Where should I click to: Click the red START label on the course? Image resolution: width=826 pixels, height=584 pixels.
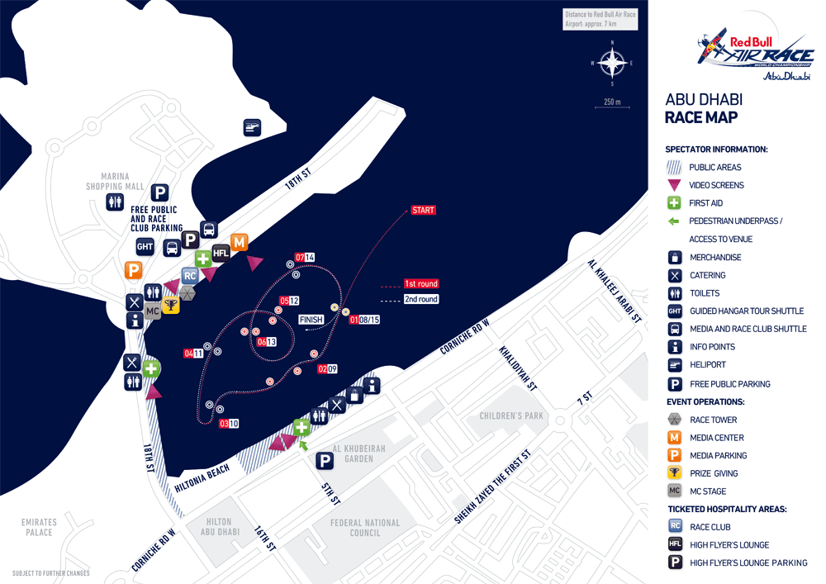423,210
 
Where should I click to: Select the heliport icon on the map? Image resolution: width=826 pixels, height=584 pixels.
252,127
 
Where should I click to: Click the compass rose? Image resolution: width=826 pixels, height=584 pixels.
612,63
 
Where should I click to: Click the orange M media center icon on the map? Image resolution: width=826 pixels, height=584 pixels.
240,242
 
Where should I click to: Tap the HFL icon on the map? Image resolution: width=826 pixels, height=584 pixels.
221,253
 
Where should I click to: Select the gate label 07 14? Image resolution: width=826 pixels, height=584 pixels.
305,257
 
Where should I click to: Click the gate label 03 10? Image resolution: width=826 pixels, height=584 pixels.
229,424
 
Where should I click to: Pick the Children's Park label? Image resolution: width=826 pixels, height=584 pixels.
511,415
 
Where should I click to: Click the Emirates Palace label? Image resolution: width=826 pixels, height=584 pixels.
39,527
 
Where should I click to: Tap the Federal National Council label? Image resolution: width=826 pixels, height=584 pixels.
364,527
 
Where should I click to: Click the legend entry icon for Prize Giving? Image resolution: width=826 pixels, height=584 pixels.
675,473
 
